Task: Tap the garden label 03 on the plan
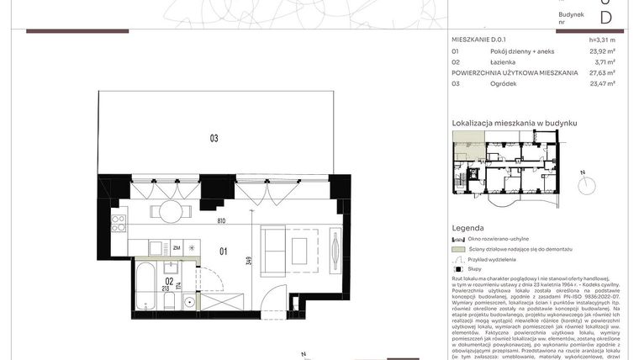[214, 139]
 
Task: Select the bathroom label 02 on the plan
[169, 283]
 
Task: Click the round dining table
[169, 210]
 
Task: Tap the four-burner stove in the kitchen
[119, 223]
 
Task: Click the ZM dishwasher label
[177, 248]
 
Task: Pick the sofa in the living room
[274, 250]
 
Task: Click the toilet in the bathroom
[169, 301]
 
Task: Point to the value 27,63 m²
[602, 72]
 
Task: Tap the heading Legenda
[467, 228]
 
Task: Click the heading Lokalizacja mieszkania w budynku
[515, 123]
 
